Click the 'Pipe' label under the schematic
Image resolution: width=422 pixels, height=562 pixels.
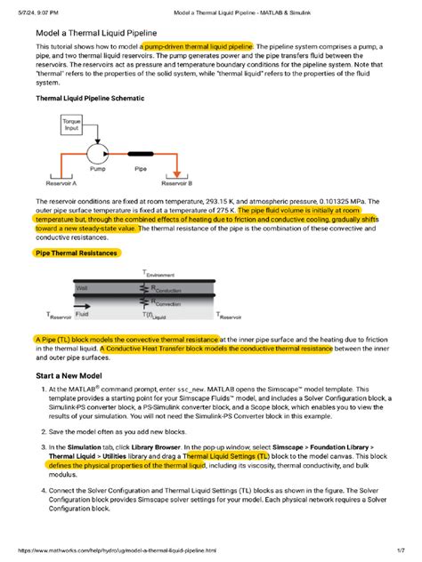(x=141, y=166)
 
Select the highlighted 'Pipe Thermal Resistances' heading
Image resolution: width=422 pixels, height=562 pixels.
(x=76, y=253)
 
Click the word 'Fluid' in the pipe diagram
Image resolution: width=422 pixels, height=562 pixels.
(x=82, y=314)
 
